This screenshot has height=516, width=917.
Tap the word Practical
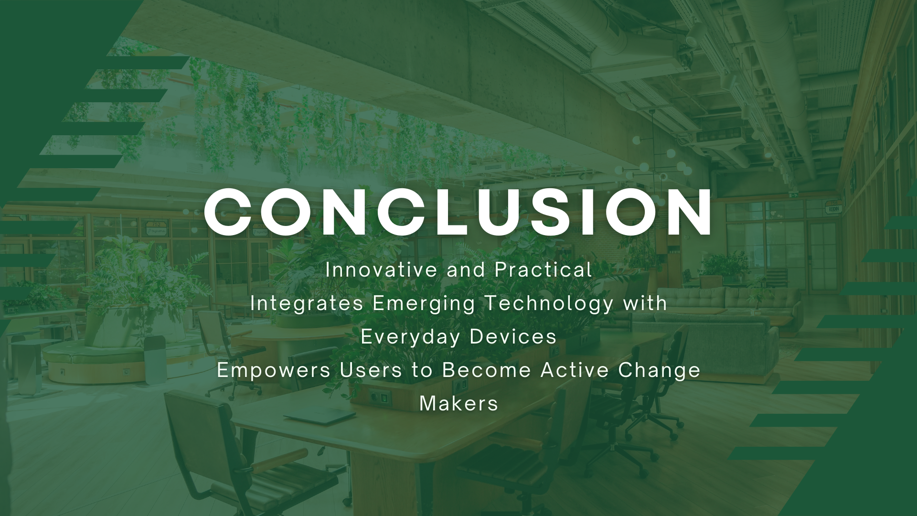pyautogui.click(x=544, y=270)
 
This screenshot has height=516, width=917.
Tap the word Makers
pyautogui.click(x=459, y=404)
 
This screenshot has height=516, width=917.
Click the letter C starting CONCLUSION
pyautogui.click(x=228, y=213)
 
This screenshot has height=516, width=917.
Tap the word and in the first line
pyautogui.click(x=466, y=270)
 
